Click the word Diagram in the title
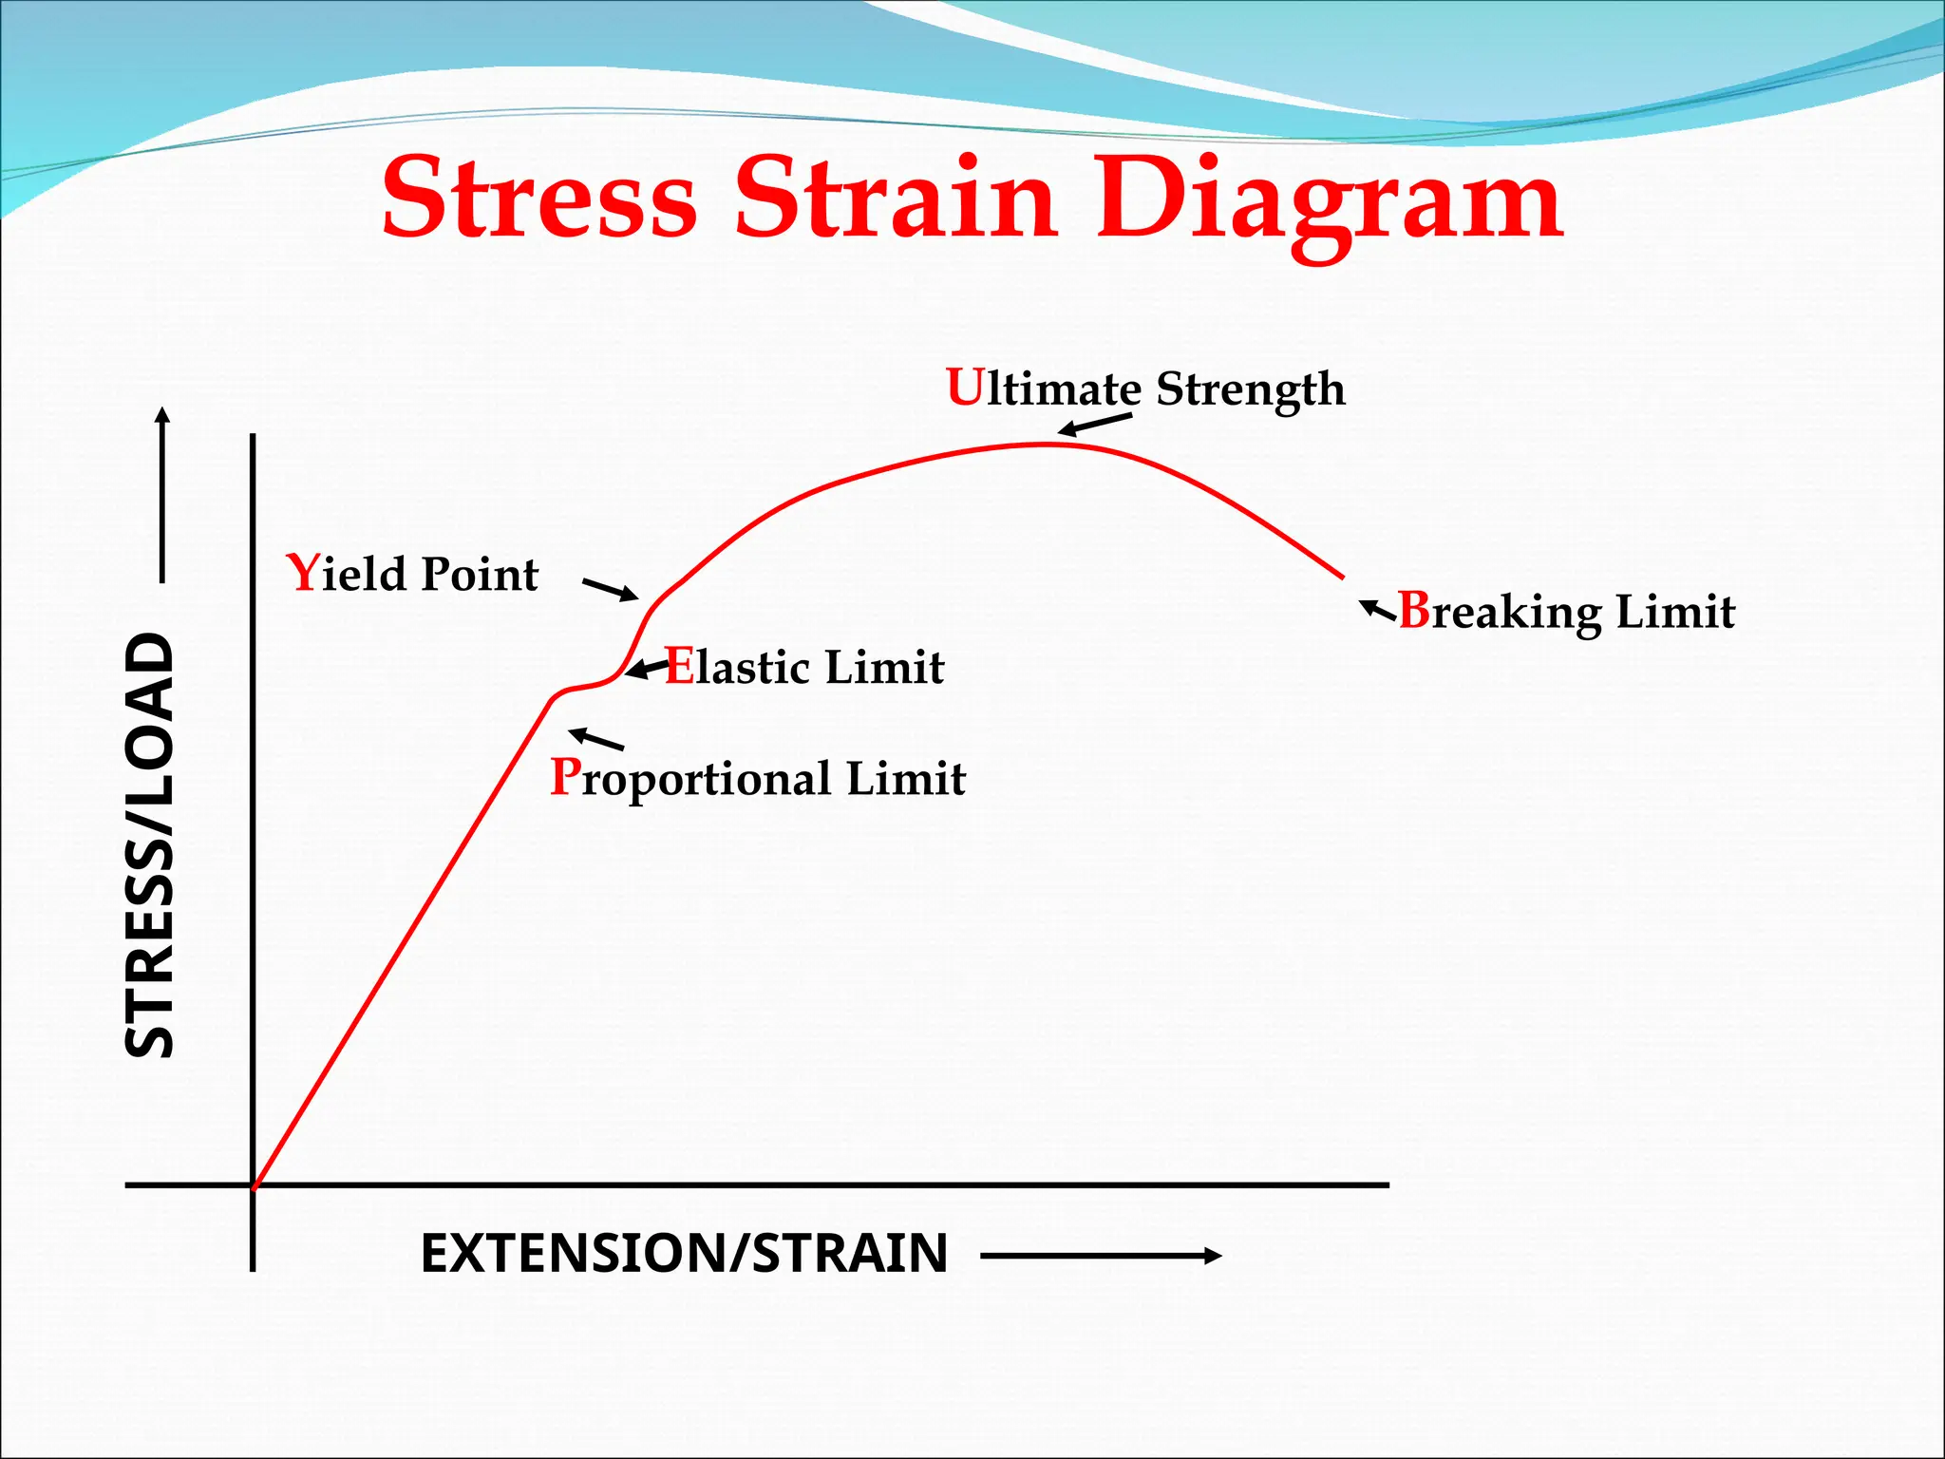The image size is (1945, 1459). click(x=1330, y=201)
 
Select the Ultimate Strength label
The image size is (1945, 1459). click(x=1145, y=388)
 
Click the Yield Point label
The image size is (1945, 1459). click(x=412, y=574)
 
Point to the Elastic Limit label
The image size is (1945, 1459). click(x=804, y=667)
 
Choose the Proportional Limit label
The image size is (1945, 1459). click(x=758, y=778)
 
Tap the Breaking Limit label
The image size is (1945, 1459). click(x=1567, y=612)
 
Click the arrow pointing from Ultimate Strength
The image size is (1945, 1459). click(x=1095, y=425)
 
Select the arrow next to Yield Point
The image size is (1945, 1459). click(x=610, y=589)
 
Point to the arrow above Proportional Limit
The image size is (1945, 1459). click(x=595, y=738)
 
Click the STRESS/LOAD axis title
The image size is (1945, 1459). click(x=150, y=845)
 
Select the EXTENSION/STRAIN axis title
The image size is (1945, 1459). click(x=684, y=1253)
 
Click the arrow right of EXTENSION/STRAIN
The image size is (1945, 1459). click(x=1101, y=1256)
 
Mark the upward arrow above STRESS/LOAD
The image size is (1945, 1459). click(x=162, y=494)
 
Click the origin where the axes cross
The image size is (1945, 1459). click(x=253, y=1184)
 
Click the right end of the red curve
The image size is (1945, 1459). click(x=1342, y=576)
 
